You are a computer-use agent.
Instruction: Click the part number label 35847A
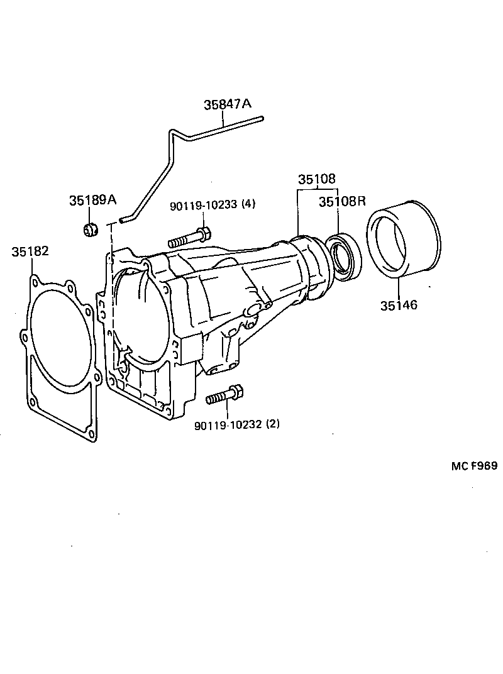click(x=227, y=105)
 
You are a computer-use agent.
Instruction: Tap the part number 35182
click(x=30, y=252)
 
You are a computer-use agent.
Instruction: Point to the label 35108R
click(x=342, y=201)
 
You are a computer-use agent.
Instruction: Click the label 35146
click(x=398, y=306)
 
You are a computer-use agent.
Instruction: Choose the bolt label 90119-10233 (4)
click(x=213, y=205)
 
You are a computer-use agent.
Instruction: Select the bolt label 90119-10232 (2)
click(x=237, y=424)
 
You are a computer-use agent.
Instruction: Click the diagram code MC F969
click(x=473, y=466)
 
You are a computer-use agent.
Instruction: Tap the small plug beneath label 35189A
click(x=91, y=229)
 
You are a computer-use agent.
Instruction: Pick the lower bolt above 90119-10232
click(x=224, y=395)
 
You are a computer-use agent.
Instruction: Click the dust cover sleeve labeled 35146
click(x=404, y=239)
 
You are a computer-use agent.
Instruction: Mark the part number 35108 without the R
click(x=317, y=179)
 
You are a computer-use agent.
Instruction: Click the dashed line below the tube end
click(x=111, y=283)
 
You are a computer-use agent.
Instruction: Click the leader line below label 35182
click(x=30, y=267)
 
